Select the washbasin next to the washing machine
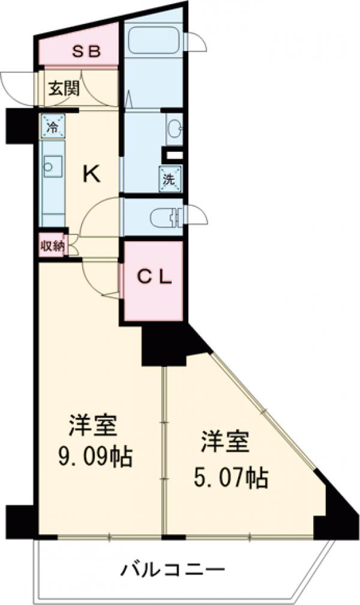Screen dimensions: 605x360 [174, 128]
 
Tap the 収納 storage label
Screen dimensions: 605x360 [52, 246]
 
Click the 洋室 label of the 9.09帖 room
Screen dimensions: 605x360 [92, 426]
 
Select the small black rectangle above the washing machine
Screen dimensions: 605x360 [175, 154]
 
